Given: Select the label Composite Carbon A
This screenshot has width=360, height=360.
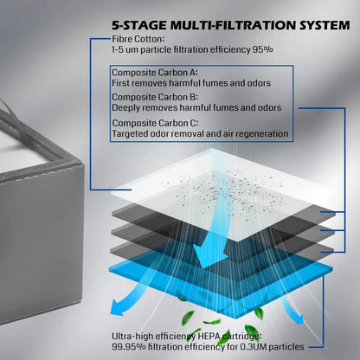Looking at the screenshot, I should coord(152,72).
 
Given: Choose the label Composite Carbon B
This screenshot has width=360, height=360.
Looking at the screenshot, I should coord(152,97).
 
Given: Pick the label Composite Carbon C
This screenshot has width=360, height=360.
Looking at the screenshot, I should coord(152,123).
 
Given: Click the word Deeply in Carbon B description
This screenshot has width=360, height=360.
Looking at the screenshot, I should coord(127,108).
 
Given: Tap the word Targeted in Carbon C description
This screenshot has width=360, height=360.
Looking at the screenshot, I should coord(132,134).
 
